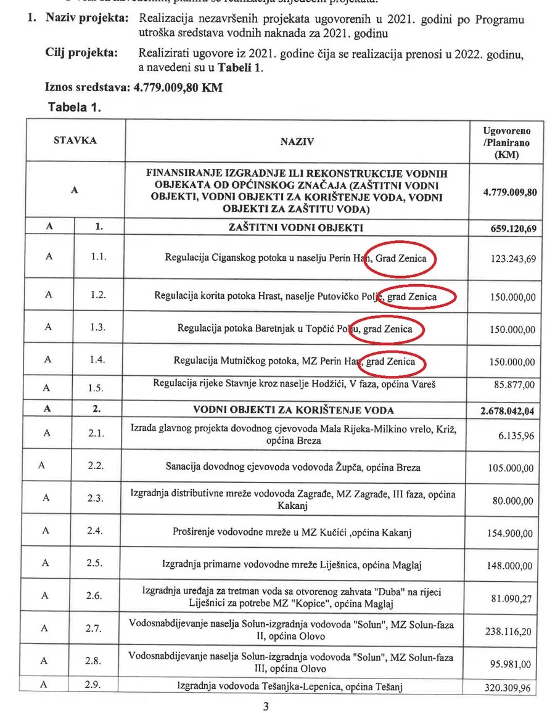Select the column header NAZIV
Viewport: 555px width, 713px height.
(297, 142)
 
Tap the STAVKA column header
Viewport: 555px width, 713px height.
(75, 141)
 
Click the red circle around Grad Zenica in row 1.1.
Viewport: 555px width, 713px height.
(400, 259)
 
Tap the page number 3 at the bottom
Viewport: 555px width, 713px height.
(266, 706)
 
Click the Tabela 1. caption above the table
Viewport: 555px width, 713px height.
(74, 107)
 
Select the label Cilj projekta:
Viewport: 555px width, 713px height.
(81, 53)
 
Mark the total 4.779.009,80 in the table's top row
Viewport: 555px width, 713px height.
(505, 192)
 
